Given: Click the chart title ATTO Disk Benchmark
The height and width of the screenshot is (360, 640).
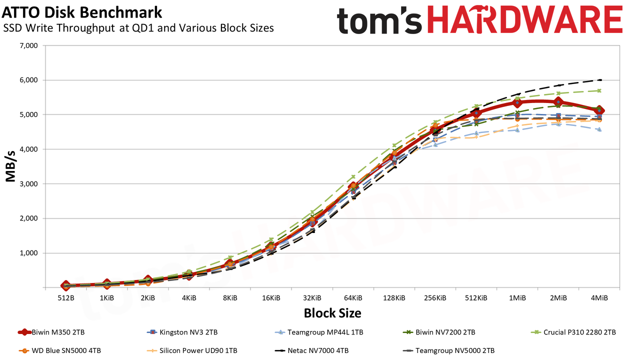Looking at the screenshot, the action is coord(82,12).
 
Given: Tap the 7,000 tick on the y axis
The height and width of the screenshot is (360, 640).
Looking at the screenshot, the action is coord(29,45).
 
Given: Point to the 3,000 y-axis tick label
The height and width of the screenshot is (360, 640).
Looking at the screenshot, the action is coord(29,184).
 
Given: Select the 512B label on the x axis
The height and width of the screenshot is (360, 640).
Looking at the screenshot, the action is coord(65,298).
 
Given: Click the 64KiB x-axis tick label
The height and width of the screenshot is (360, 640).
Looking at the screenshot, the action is coord(353,298).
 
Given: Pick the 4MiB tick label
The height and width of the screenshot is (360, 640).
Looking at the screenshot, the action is coord(599,298).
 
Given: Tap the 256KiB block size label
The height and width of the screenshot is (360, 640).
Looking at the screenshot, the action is coord(435,298).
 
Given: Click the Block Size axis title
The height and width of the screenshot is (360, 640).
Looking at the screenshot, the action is coord(332,313).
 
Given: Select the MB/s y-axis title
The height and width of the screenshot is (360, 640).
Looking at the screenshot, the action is coord(10,166).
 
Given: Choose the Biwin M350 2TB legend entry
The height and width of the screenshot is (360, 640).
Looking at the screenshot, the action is coord(51,332).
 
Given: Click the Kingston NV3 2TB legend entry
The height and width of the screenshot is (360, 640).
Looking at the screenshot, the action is coord(182,332).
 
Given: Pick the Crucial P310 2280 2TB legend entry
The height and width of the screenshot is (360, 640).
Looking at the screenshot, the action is coord(573,332).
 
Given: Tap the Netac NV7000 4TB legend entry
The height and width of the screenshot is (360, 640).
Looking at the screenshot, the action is coord(311,350).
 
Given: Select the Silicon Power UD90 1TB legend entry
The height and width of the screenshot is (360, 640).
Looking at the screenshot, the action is coord(191,350).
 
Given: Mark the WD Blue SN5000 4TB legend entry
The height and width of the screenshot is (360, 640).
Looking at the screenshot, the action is coord(59,350).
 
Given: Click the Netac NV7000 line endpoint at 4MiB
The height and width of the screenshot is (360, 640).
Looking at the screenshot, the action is coord(600,80).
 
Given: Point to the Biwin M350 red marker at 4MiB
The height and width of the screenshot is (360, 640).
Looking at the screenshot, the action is coord(599,110).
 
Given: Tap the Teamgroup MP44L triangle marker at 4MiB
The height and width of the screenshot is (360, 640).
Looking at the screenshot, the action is coord(599,129).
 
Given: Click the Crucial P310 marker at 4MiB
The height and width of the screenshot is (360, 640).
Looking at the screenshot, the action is coord(599,91).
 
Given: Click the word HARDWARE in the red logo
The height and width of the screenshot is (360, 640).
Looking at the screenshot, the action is coord(525,20).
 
